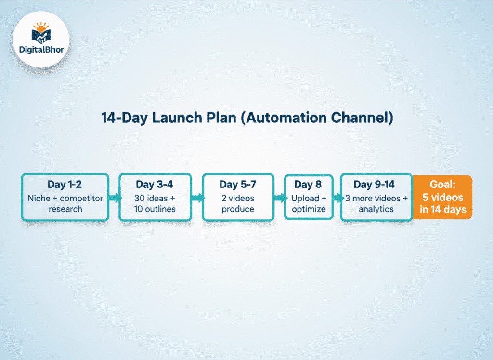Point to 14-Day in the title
coord(124,118)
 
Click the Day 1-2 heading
coord(65,185)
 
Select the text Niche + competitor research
coord(65,203)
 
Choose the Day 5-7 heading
coord(237,185)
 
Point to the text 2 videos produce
coord(237,203)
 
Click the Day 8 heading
coord(308,185)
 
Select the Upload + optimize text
coord(308,203)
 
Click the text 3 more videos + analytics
coord(376,203)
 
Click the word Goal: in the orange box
coord(442,185)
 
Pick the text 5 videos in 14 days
coord(442,203)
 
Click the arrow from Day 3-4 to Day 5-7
coord(196,198)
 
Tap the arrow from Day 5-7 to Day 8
coord(279,198)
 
